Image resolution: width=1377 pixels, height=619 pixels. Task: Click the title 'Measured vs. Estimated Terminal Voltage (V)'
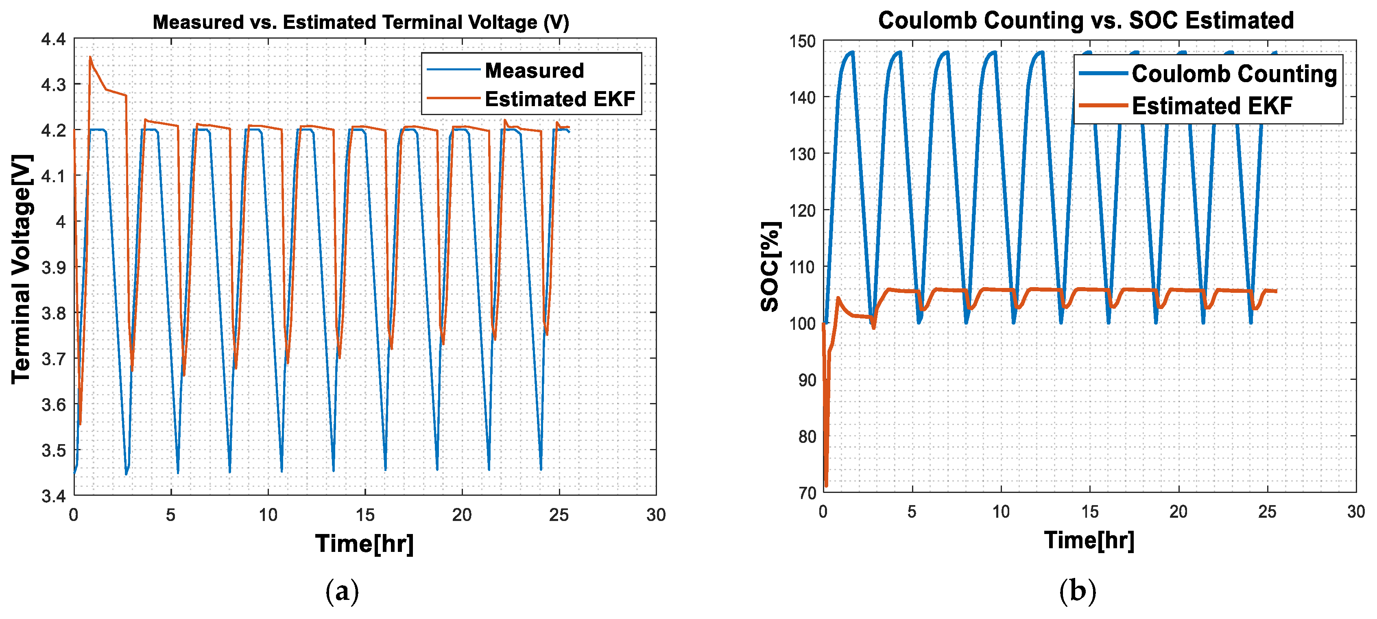point(361,22)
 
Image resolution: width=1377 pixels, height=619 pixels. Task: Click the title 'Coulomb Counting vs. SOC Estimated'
point(1086,20)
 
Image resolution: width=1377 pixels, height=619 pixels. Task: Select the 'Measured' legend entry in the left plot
point(533,70)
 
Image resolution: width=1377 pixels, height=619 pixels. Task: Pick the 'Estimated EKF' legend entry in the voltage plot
point(559,99)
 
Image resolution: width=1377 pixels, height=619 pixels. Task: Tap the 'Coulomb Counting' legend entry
point(1234,74)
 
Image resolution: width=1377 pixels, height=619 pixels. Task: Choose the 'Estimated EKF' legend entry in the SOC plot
point(1211,106)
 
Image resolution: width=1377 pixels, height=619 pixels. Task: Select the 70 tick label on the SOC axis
point(807,493)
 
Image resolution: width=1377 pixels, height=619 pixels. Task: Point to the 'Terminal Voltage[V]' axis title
point(22,268)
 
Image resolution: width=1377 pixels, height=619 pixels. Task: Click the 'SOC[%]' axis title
point(770,266)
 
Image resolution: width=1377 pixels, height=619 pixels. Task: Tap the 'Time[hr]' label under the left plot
point(364,544)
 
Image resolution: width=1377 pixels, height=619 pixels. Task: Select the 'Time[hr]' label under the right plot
point(1089,541)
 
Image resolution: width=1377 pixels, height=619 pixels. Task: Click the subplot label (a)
point(342,592)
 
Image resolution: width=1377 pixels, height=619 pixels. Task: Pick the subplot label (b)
point(1078,592)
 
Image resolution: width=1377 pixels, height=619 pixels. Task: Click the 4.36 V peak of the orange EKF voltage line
point(90,57)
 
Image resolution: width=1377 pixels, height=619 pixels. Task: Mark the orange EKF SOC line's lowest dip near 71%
point(826,485)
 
